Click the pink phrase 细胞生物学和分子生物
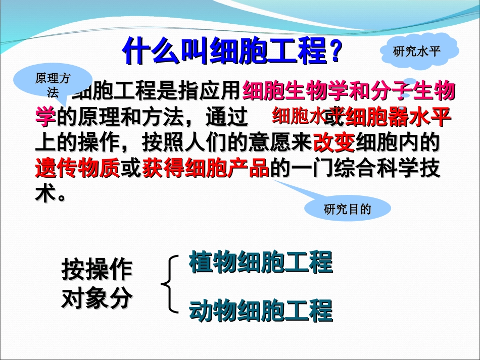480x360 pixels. pyautogui.click(x=349, y=91)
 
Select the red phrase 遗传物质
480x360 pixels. pyautogui.click(x=77, y=168)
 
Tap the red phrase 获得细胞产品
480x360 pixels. pyautogui.click(x=206, y=168)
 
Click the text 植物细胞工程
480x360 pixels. pyautogui.click(x=261, y=262)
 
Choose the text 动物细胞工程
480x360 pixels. pyautogui.click(x=261, y=311)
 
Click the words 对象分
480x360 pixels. pyautogui.click(x=97, y=298)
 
